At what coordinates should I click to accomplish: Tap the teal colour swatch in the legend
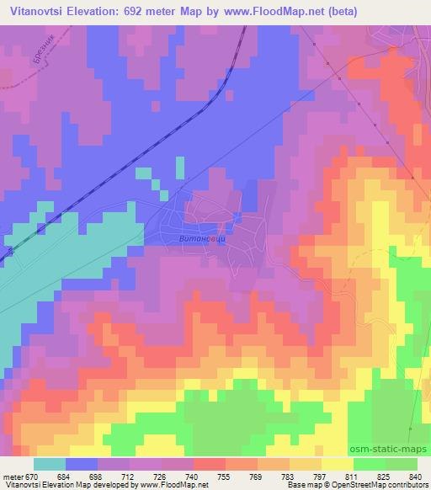click(50, 464)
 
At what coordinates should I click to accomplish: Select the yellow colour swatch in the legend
click(336, 464)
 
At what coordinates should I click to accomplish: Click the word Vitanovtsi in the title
click(36, 11)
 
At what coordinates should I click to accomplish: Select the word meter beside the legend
click(13, 477)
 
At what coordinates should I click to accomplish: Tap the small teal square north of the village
click(179, 166)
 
